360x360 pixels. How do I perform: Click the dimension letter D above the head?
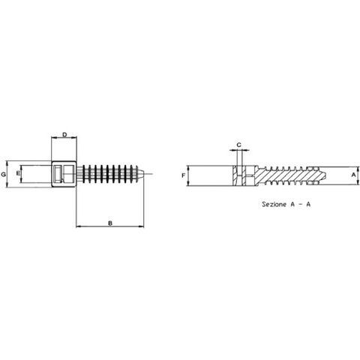click(64, 135)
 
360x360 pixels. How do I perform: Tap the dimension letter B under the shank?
click(110, 223)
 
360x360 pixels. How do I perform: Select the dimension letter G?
click(4, 175)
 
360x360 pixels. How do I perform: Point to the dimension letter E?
click(18, 173)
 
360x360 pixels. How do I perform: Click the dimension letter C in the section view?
click(239, 145)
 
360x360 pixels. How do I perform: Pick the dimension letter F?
click(183, 175)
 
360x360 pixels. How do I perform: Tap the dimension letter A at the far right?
click(354, 175)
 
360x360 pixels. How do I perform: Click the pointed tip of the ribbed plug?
click(143, 174)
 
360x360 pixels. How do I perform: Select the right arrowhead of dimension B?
click(142, 226)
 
